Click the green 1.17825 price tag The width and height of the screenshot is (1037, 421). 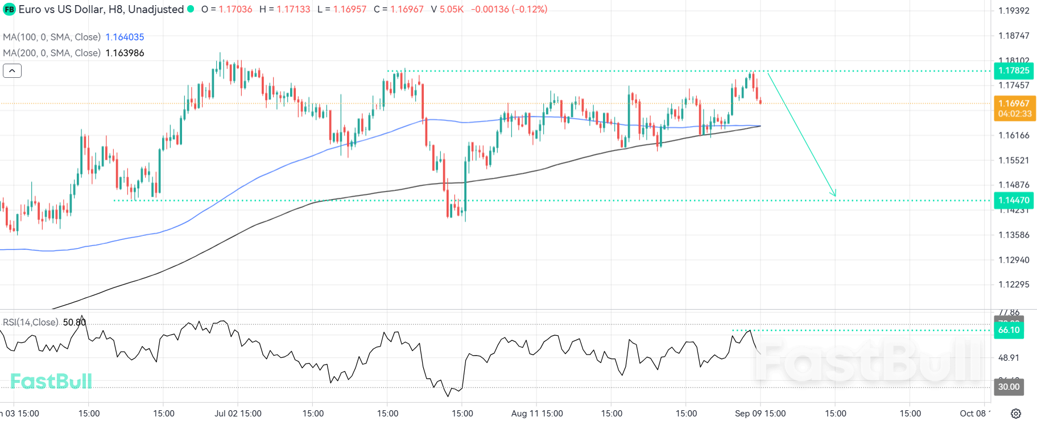[1014, 70]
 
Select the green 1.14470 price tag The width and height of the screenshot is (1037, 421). [1014, 200]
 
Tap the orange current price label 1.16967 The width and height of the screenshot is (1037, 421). [1014, 103]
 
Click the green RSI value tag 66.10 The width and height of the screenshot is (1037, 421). [1009, 330]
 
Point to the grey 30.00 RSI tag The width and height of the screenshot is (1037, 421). [1009, 387]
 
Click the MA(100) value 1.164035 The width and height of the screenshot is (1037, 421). [125, 37]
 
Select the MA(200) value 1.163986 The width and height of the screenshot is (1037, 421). [125, 53]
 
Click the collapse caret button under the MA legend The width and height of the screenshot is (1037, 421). [12, 71]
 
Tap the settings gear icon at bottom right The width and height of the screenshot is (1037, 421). [1016, 413]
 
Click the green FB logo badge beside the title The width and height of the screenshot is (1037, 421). [9, 10]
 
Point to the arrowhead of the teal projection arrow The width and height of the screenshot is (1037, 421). [834, 195]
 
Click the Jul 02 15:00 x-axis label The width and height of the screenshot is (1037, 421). [238, 413]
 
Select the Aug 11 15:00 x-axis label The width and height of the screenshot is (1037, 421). [536, 413]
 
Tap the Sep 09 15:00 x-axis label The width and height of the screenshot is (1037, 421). [760, 413]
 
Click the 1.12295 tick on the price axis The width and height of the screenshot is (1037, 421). [1014, 284]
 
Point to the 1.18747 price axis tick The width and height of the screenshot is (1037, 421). [1014, 35]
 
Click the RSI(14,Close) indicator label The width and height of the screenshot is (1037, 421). [31, 322]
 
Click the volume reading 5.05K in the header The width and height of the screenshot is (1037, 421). [452, 9]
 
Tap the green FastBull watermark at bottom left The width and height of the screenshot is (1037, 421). [51, 381]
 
